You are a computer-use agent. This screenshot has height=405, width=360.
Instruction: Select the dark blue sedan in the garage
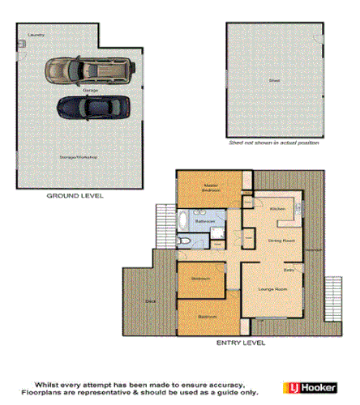[x=91, y=106]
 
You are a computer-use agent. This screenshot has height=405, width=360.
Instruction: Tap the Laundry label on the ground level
[x=35, y=35]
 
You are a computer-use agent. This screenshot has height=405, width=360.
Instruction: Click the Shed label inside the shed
[x=273, y=81]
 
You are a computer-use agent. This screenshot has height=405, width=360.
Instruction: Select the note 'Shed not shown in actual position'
[x=273, y=144]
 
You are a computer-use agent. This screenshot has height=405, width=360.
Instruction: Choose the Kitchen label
[x=276, y=208]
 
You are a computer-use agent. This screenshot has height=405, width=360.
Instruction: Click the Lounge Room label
[x=272, y=288]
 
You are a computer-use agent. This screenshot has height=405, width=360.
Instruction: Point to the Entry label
[x=288, y=269]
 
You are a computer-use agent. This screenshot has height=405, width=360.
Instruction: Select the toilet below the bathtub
[x=186, y=241]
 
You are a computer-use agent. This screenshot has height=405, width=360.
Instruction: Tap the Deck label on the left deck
[x=151, y=300]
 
